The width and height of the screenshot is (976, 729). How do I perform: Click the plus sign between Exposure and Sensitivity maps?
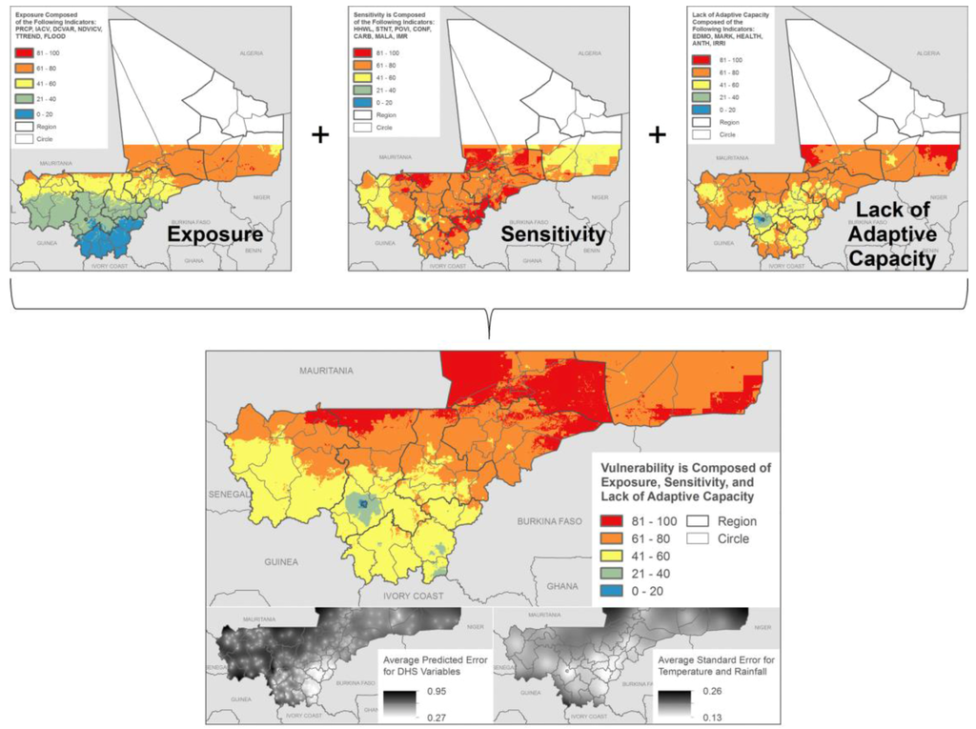point(320,135)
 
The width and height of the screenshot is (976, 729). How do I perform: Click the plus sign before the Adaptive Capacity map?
point(657,135)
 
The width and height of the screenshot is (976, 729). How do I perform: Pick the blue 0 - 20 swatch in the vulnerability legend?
point(615,590)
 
